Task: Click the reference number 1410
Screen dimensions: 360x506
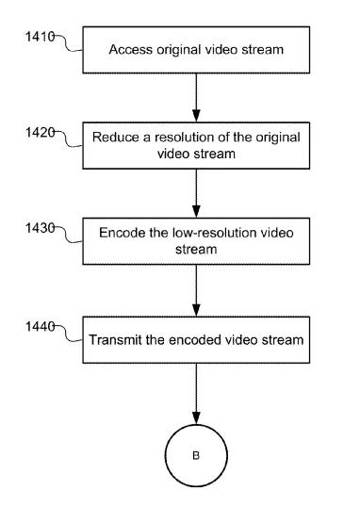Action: [40, 37]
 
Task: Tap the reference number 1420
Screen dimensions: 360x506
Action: [40, 132]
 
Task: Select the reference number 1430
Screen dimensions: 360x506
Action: [40, 228]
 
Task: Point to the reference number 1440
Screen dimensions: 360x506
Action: [40, 327]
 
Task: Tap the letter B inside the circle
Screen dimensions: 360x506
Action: [196, 456]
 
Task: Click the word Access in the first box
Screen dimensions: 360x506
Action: [130, 50]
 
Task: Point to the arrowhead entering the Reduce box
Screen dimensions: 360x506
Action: [196, 116]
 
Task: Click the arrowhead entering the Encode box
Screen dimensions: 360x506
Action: [196, 211]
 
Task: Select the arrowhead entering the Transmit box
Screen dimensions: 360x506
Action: [196, 310]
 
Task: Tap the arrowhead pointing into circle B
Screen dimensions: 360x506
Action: [196, 418]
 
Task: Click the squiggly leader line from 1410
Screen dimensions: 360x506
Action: [68, 44]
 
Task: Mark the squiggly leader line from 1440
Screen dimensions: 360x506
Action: [68, 334]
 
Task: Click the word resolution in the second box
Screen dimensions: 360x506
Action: [184, 138]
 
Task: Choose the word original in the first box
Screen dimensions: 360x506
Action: [179, 50]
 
